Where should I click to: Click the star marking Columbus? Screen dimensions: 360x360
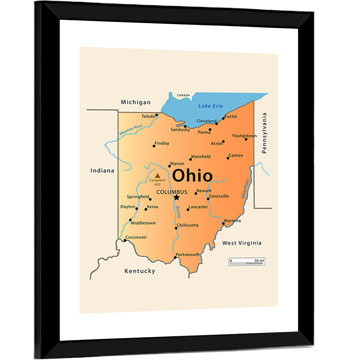pyautogui.click(x=176, y=197)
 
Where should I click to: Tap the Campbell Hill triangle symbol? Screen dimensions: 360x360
pyautogui.click(x=157, y=176)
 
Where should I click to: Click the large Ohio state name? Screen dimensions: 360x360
pyautogui.click(x=192, y=176)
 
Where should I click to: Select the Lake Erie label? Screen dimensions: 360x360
pyautogui.click(x=211, y=106)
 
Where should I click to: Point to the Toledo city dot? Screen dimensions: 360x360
pyautogui.click(x=157, y=115)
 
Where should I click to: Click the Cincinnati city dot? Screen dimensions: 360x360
pyautogui.click(x=125, y=240)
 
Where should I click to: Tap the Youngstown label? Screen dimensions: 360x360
pyautogui.click(x=244, y=136)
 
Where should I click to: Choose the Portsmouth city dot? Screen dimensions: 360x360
pyautogui.click(x=176, y=257)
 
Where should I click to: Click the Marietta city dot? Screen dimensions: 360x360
pyautogui.click(x=223, y=224)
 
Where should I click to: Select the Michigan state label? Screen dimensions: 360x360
pyautogui.click(x=136, y=102)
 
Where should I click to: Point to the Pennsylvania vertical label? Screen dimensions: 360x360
pyautogui.click(x=265, y=133)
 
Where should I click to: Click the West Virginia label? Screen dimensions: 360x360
pyautogui.click(x=242, y=243)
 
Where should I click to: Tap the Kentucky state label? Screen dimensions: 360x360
pyautogui.click(x=140, y=271)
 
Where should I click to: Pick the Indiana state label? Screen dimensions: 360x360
pyautogui.click(x=102, y=171)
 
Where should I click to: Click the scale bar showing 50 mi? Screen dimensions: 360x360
pyautogui.click(x=247, y=262)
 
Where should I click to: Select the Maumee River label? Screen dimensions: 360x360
pyautogui.click(x=131, y=130)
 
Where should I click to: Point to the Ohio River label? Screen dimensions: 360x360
pyautogui.click(x=246, y=189)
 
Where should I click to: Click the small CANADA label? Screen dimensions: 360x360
pyautogui.click(x=183, y=95)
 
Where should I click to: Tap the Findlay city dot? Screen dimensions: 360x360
pyautogui.click(x=154, y=146)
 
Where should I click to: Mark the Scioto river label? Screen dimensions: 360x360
pyautogui.click(x=178, y=212)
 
